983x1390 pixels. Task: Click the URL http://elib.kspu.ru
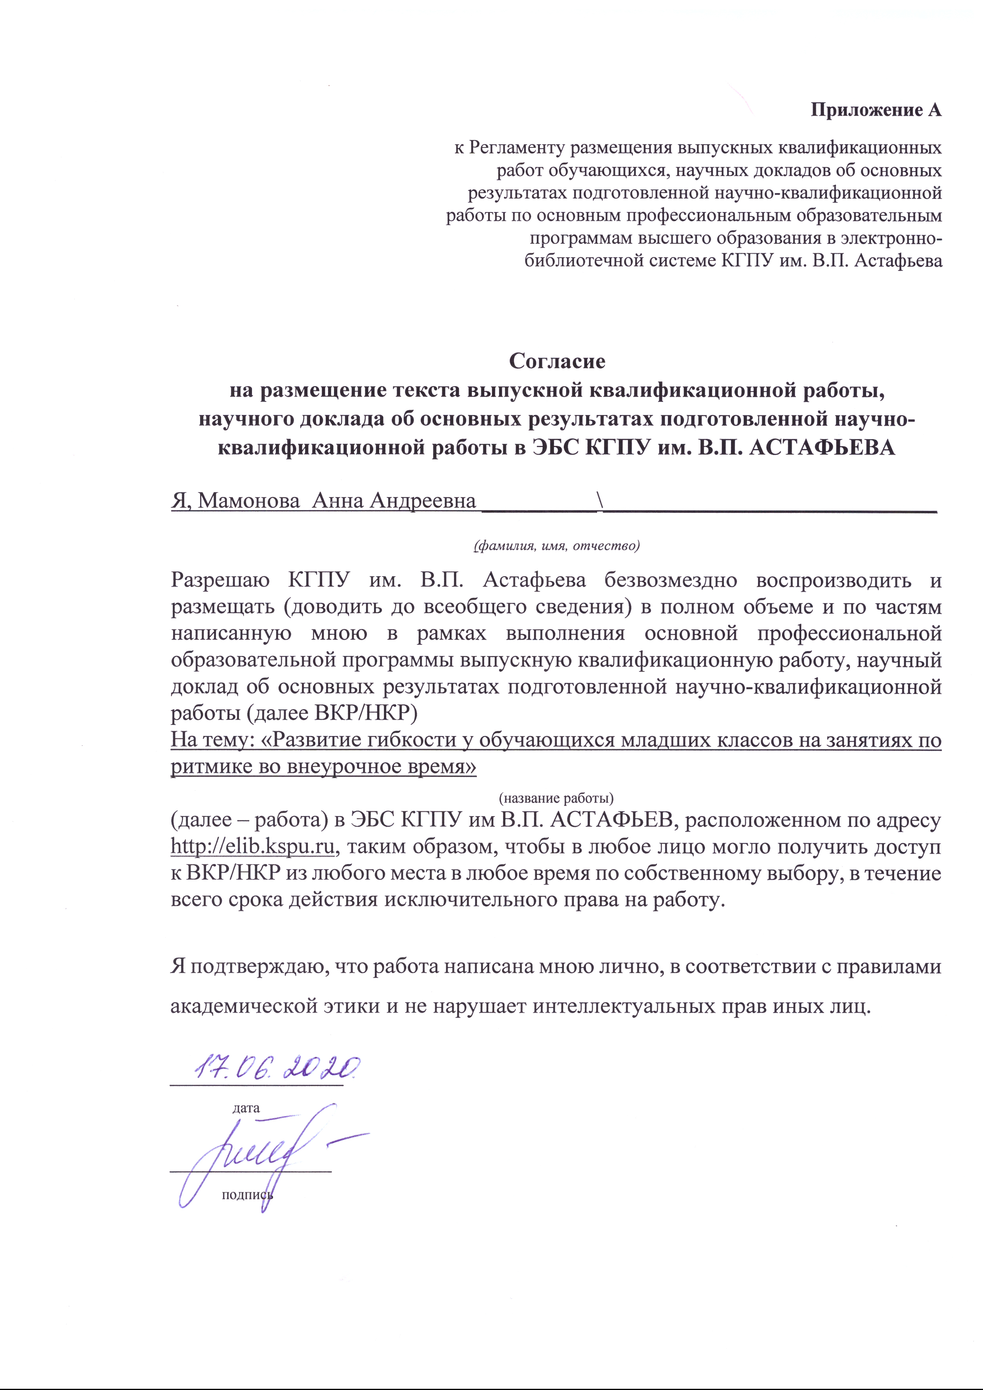coord(252,846)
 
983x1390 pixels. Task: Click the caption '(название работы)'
coord(555,797)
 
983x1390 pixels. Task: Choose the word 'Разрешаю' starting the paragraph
coord(220,580)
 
